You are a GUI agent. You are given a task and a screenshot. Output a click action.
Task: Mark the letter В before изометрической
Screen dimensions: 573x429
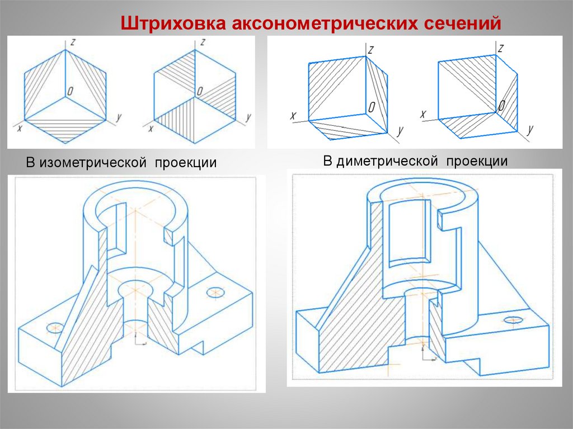(30, 163)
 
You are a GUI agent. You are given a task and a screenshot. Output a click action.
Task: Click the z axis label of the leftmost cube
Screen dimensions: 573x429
(72, 42)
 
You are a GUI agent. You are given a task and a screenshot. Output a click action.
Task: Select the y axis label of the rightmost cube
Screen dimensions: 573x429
(529, 130)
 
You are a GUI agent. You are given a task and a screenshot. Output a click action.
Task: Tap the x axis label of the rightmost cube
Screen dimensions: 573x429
(423, 114)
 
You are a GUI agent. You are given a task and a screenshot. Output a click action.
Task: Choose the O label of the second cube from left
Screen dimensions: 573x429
(199, 91)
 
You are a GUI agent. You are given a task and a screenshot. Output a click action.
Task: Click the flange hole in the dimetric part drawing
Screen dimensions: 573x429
(513, 319)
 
